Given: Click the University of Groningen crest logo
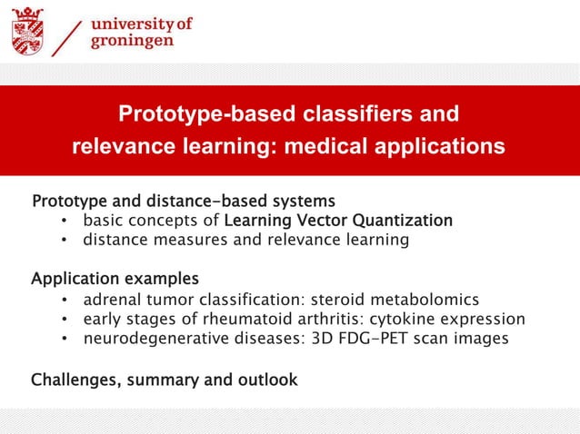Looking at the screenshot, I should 26,32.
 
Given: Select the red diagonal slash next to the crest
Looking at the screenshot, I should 69,36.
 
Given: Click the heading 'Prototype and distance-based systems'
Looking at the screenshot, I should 184,200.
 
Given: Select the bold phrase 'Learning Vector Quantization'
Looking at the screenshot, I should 338,221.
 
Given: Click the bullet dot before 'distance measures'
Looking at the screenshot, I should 65,242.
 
